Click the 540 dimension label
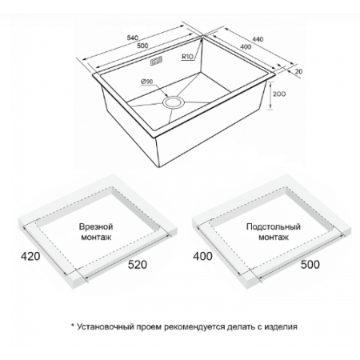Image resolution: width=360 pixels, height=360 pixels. point(133,38)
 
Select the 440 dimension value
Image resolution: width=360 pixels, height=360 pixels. point(258,39)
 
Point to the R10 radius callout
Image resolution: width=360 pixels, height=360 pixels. point(186,57)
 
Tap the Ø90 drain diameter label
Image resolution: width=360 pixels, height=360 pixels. point(146,82)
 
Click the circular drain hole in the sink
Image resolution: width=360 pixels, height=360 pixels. point(174,102)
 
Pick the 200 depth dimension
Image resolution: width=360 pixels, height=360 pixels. point(279,94)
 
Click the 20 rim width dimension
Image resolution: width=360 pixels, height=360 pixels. point(299,71)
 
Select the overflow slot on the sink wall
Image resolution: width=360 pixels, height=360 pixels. point(157,62)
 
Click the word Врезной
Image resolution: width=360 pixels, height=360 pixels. point(96,226)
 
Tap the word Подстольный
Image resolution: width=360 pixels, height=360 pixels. point(274,226)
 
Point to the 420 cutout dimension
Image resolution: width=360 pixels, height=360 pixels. point(30,256)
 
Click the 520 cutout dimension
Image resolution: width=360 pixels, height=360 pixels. point(138,265)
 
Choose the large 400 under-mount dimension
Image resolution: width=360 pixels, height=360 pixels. point(202,256)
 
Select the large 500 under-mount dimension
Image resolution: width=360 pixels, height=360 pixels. point(310,265)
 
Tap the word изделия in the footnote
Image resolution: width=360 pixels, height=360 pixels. point(281,327)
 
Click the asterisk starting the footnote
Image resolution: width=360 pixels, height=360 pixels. point(72,326)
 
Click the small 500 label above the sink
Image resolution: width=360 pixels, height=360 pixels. point(142,46)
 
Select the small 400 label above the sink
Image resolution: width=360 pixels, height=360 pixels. point(246,47)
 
